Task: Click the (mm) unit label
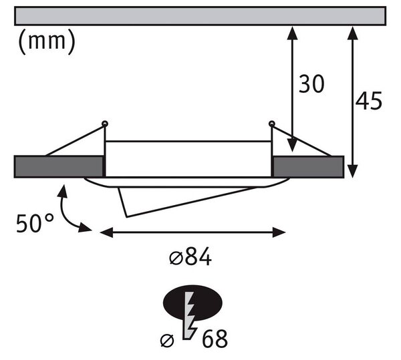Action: click(47, 41)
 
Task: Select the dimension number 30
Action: click(311, 83)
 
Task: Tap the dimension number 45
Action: click(369, 101)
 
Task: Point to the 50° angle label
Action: click(35, 223)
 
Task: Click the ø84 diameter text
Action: click(190, 256)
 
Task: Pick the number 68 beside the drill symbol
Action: click(215, 339)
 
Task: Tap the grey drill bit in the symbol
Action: click(190, 316)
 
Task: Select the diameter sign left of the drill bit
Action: click(167, 341)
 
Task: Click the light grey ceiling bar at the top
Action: click(200, 16)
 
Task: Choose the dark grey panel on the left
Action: click(59, 166)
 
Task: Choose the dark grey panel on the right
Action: click(308, 167)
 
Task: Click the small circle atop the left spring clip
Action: click(105, 124)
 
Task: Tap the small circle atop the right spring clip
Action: click(271, 124)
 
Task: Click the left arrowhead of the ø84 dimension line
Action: click(106, 232)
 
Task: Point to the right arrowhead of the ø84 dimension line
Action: click(279, 232)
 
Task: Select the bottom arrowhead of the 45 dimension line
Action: click(352, 171)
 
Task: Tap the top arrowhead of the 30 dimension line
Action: click(292, 33)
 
